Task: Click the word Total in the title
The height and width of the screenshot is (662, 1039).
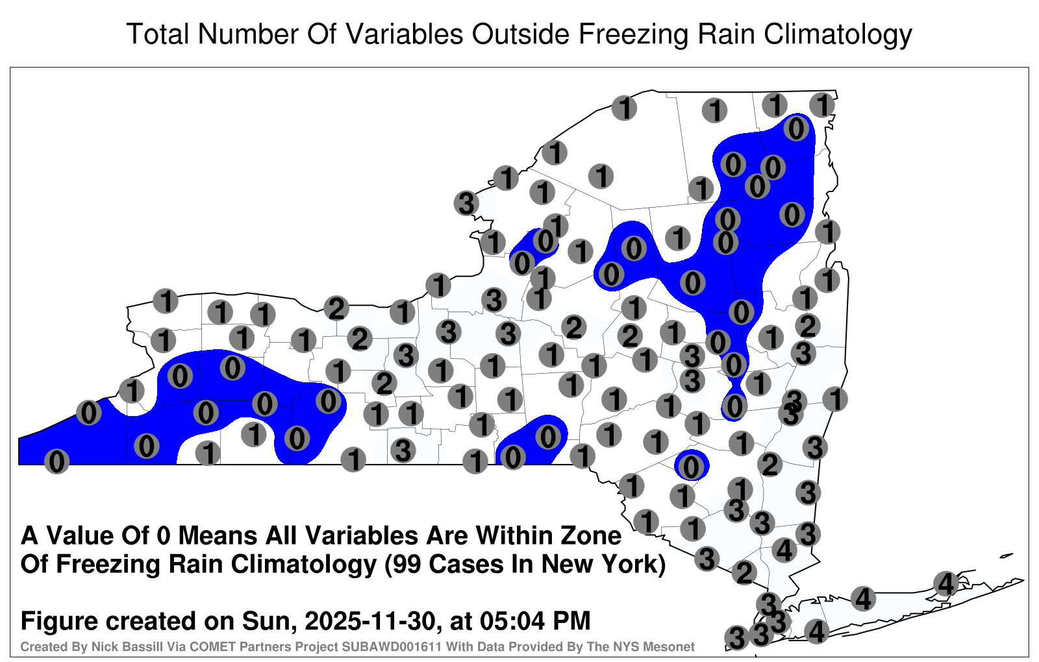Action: (158, 34)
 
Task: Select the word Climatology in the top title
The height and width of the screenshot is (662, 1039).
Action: (838, 35)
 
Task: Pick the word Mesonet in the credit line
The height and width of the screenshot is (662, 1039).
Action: (673, 646)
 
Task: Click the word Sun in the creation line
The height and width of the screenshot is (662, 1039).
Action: (264, 620)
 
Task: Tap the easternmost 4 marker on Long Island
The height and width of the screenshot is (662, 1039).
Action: (945, 583)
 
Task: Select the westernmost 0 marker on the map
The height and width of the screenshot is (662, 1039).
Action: (56, 461)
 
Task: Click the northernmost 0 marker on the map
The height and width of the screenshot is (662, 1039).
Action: (796, 129)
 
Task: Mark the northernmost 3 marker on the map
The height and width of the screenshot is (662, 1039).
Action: (466, 203)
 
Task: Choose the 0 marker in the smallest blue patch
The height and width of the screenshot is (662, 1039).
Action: (691, 467)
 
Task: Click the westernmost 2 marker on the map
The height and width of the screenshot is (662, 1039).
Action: (336, 308)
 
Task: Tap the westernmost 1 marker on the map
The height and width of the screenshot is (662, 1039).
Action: (132, 390)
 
